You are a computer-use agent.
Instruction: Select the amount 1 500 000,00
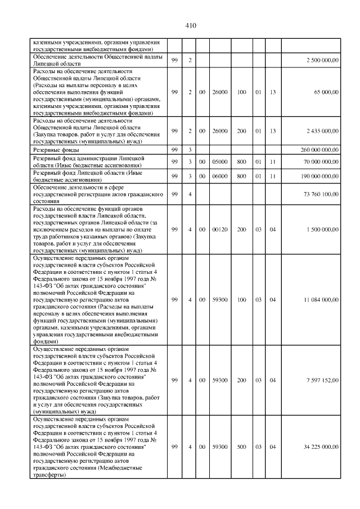pos(322,229)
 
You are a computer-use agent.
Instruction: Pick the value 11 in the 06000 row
pos(272,175)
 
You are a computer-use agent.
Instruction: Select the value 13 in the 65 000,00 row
pos(272,92)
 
